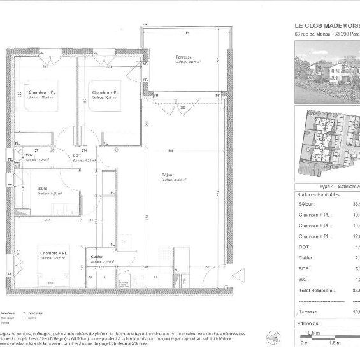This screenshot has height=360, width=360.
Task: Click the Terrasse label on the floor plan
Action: (x=184, y=57)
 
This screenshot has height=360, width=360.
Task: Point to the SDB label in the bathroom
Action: (x=43, y=188)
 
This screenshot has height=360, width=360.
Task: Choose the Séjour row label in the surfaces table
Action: (x=308, y=204)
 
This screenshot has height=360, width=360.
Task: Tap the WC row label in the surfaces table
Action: (x=304, y=279)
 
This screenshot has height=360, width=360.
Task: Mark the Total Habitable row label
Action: (x=316, y=290)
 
